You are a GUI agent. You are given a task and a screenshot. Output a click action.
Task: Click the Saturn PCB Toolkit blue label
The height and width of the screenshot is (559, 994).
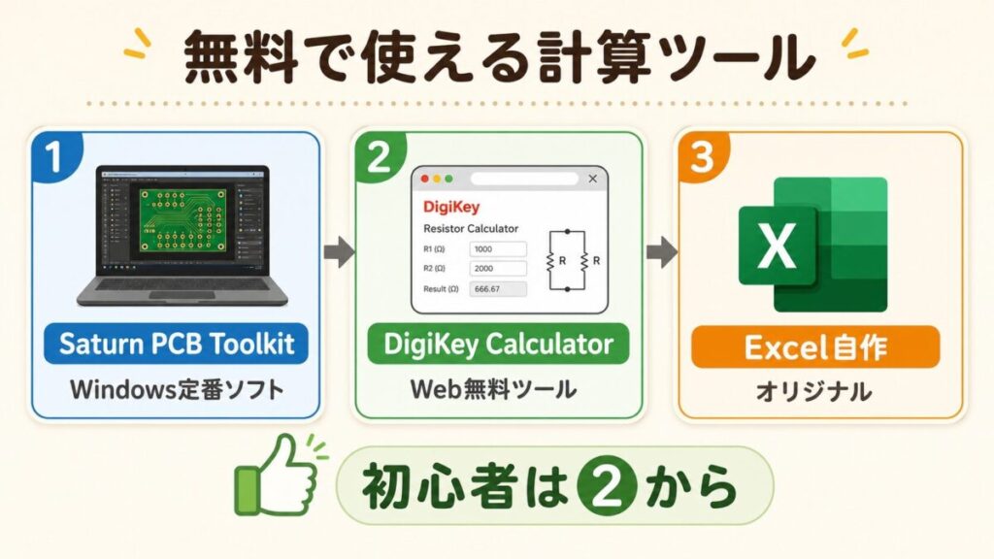tap(177, 344)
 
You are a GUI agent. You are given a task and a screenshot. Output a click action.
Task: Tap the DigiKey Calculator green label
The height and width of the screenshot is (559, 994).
tap(498, 345)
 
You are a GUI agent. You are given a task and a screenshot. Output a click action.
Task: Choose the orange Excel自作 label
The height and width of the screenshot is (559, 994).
tap(815, 346)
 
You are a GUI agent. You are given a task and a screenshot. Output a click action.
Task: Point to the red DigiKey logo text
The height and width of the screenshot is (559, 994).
tap(451, 207)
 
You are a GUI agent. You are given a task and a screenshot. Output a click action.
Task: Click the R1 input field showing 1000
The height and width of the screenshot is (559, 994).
tap(498, 249)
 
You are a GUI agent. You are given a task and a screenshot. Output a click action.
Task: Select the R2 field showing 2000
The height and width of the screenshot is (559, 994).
tap(498, 268)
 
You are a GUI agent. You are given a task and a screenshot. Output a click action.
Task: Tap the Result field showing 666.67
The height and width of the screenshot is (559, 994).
tap(498, 289)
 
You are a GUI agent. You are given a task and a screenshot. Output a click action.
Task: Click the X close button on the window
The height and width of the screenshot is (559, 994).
tap(593, 179)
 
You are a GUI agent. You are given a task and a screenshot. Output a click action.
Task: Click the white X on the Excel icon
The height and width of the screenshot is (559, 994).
tap(778, 245)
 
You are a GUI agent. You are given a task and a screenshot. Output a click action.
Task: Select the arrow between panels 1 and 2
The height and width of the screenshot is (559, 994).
tap(339, 252)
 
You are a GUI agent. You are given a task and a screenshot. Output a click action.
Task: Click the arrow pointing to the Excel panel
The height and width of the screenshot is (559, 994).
tap(662, 252)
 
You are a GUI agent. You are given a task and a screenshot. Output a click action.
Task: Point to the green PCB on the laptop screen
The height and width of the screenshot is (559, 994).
tap(182, 220)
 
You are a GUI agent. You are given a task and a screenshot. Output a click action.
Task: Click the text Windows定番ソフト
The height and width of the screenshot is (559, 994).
tap(177, 389)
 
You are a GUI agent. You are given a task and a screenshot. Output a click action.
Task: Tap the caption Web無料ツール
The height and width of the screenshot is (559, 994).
tap(493, 388)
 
